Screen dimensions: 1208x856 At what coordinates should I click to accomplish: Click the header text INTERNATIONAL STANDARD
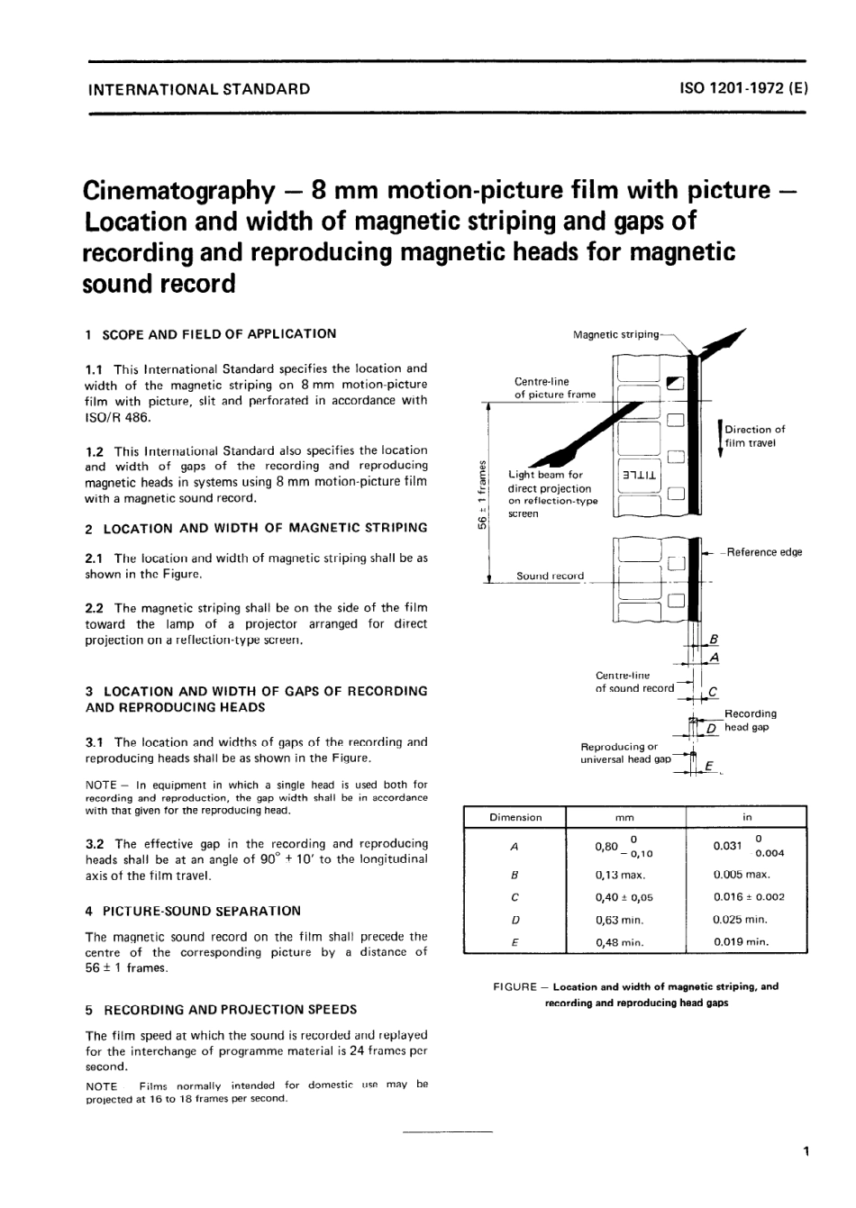pos(197,89)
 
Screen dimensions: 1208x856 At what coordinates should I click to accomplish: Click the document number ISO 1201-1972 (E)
pos(743,89)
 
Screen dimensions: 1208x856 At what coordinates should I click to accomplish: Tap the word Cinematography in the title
pos(178,190)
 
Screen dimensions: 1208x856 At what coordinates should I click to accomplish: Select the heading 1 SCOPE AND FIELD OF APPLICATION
pos(210,334)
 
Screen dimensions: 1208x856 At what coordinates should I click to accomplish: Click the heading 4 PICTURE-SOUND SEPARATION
pos(193,911)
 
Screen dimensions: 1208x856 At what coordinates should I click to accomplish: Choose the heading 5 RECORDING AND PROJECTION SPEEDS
pos(221,1010)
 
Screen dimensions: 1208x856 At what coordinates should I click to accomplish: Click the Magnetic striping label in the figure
pos(615,335)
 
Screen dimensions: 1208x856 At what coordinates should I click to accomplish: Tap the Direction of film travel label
pos(754,436)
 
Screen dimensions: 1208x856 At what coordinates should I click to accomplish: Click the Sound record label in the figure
pos(550,576)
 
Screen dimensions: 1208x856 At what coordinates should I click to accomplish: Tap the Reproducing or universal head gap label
pos(625,753)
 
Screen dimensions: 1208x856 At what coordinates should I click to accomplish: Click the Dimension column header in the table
pos(515,818)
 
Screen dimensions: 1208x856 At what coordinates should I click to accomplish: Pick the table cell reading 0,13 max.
pos(620,875)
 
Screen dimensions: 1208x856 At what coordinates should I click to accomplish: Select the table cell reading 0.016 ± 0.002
pos(748,897)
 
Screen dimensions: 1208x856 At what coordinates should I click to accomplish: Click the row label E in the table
pos(514,942)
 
